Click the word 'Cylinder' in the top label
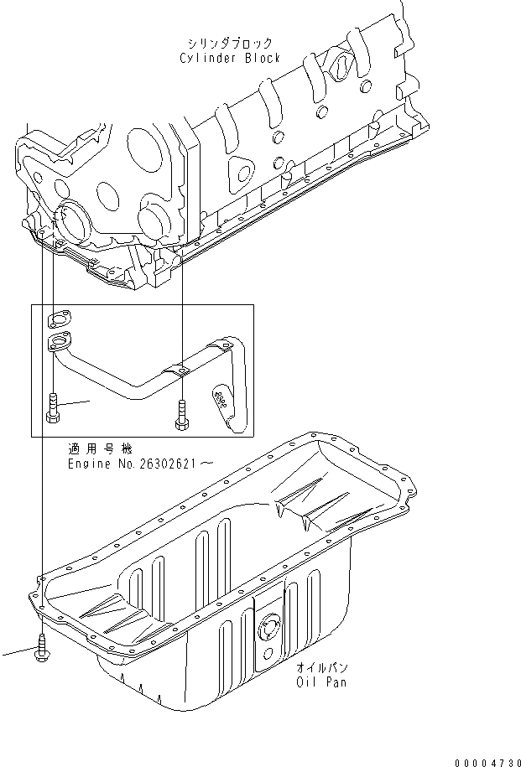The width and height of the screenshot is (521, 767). pos(207,59)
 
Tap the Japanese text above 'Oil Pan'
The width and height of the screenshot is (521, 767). pos(322,668)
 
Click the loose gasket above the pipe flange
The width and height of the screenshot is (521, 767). pos(58,318)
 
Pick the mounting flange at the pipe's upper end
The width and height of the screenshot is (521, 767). pos(60,341)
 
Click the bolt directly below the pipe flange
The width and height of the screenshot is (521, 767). pos(53,407)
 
